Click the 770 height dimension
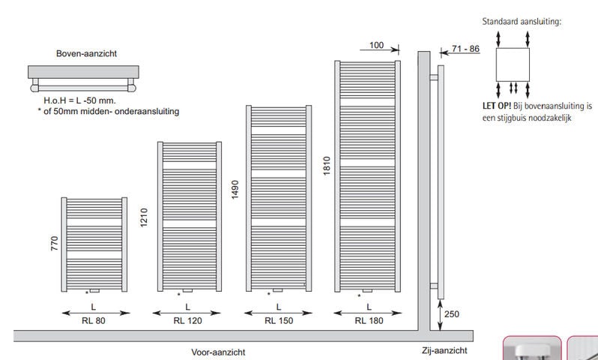(x=54, y=244)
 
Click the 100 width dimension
(x=377, y=46)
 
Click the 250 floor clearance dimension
(x=450, y=315)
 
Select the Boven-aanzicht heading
(x=86, y=54)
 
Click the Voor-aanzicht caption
(x=218, y=352)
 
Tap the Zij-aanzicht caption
(x=445, y=350)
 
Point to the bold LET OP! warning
(x=497, y=106)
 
